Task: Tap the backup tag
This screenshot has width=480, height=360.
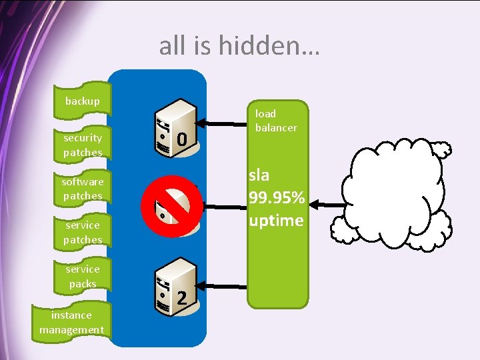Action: pyautogui.click(x=82, y=101)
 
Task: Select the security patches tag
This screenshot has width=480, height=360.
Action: pyautogui.click(x=83, y=145)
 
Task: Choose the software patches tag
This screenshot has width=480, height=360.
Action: pyautogui.click(x=83, y=189)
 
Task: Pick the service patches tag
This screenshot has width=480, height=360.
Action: pyautogui.click(x=83, y=233)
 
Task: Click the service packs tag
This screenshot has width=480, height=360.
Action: pyautogui.click(x=83, y=276)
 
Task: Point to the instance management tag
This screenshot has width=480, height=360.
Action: pyautogui.click(x=71, y=322)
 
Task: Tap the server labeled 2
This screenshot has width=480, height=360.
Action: pyautogui.click(x=175, y=288)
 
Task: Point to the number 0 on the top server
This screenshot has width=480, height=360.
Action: pyautogui.click(x=181, y=139)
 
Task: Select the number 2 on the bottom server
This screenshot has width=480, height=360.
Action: pyautogui.click(x=181, y=299)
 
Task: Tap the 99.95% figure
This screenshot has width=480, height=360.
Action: pyautogui.click(x=276, y=198)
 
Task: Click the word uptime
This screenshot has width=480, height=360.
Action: pyautogui.click(x=275, y=220)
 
